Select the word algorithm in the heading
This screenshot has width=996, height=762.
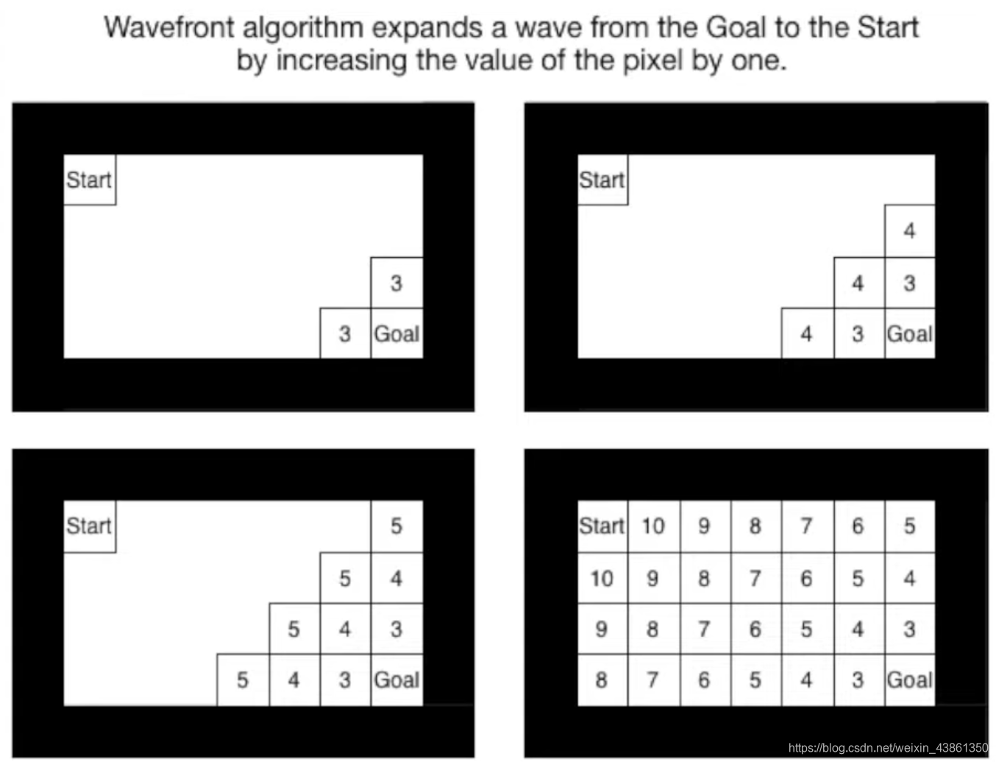pos(302,28)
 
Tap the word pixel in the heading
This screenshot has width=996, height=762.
pos(653,60)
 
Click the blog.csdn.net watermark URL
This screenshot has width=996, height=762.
pos(888,747)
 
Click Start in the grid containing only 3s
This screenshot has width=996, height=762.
pos(89,180)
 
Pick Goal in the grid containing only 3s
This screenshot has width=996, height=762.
pos(396,334)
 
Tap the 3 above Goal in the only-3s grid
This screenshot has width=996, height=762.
pos(396,283)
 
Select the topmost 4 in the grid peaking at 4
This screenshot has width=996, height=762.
pos(909,231)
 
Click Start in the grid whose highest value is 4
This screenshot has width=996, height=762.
pos(602,180)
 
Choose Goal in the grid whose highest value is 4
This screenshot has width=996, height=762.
pos(909,334)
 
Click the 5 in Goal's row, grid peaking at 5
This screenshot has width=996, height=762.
pos(243,680)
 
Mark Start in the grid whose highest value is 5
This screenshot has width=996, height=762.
pos(89,526)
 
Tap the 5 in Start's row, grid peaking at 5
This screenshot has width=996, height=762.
pos(396,526)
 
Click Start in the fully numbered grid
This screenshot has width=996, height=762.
pos(602,526)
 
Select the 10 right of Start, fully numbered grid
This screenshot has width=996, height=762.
pos(653,526)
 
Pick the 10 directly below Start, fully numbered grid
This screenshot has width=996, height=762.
pos(602,579)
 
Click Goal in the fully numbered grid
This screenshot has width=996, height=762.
pos(909,680)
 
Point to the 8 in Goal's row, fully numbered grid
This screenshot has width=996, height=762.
pos(602,680)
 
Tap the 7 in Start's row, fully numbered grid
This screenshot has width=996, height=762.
pos(806,526)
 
